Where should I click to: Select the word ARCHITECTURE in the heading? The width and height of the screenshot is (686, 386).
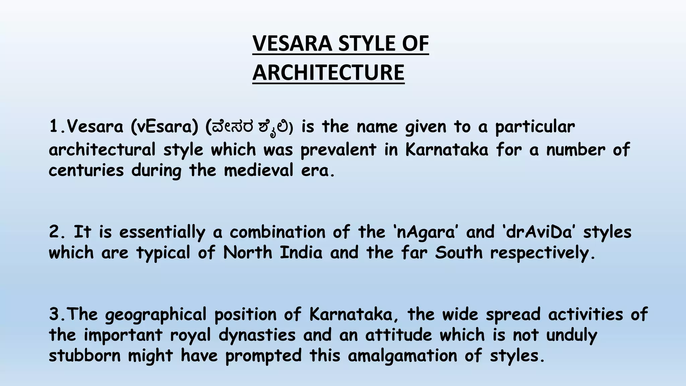click(x=328, y=73)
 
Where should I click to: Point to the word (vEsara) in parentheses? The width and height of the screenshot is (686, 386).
click(x=165, y=127)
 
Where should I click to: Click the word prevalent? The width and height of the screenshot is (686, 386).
click(x=338, y=149)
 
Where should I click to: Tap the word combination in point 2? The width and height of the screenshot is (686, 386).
click(x=277, y=232)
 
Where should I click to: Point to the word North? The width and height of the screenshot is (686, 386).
click(x=248, y=253)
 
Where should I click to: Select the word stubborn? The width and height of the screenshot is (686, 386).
click(x=84, y=356)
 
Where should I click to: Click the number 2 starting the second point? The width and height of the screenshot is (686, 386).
click(x=54, y=232)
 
